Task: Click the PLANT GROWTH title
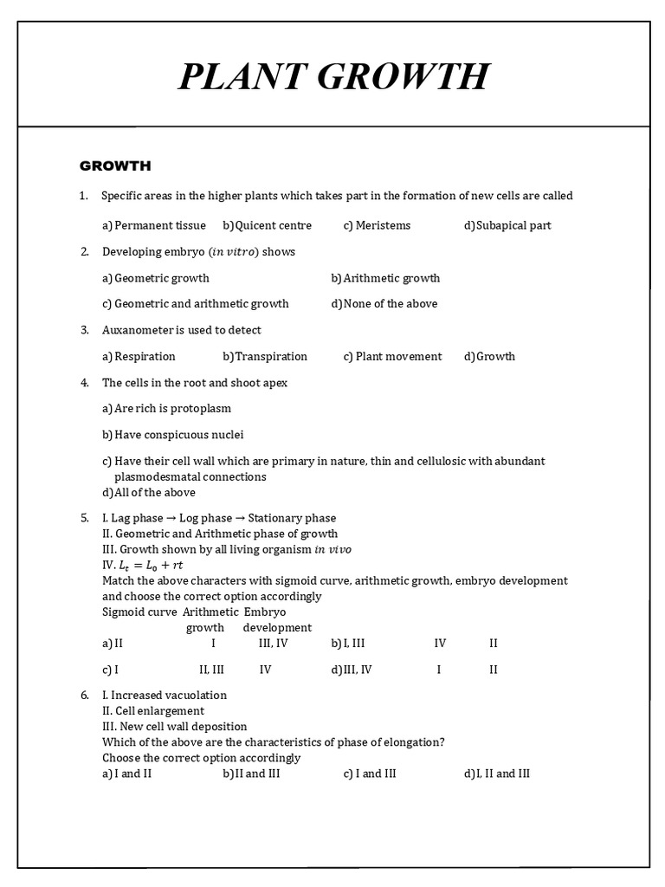click(333, 76)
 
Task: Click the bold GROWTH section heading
click(115, 165)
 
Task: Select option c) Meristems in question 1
click(377, 225)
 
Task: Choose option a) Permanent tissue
click(154, 225)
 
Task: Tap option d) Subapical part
click(507, 225)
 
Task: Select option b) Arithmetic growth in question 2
click(385, 278)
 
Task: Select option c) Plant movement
click(392, 356)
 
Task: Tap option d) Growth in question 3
click(489, 356)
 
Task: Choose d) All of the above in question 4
click(149, 493)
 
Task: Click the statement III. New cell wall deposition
click(174, 727)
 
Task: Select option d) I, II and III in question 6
click(497, 774)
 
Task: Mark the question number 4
click(85, 383)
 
